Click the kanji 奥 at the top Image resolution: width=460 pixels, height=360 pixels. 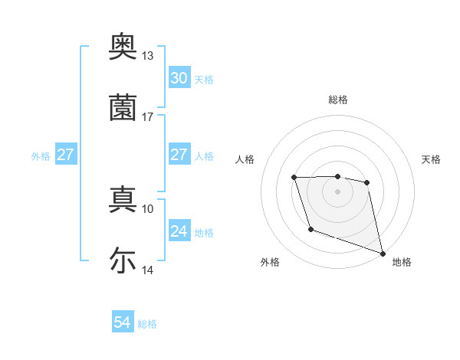point(123,47)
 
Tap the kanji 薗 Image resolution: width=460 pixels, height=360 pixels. point(123,107)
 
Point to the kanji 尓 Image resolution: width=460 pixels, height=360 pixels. point(123,260)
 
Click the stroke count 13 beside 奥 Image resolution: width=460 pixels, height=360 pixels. point(147,56)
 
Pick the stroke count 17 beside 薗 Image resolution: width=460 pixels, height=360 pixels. point(147,117)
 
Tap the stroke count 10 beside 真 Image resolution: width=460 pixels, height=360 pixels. point(147,208)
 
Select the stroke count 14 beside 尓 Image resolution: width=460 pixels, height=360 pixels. point(147,270)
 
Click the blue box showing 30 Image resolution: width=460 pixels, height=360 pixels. point(179,78)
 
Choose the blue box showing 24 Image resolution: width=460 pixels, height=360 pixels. point(179,231)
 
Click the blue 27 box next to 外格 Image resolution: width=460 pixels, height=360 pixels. point(66,155)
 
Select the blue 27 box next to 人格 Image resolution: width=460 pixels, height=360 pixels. point(179,155)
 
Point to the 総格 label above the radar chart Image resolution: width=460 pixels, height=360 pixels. point(338,100)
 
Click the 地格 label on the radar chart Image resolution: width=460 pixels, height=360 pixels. point(402,262)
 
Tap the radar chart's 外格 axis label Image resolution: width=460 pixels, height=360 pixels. point(270,262)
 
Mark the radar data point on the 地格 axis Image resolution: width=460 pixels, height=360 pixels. point(383,254)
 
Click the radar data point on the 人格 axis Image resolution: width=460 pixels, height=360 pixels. point(294,178)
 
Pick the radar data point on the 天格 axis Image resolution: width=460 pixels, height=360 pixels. point(367,182)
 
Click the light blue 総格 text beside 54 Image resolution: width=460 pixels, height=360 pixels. point(147,324)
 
